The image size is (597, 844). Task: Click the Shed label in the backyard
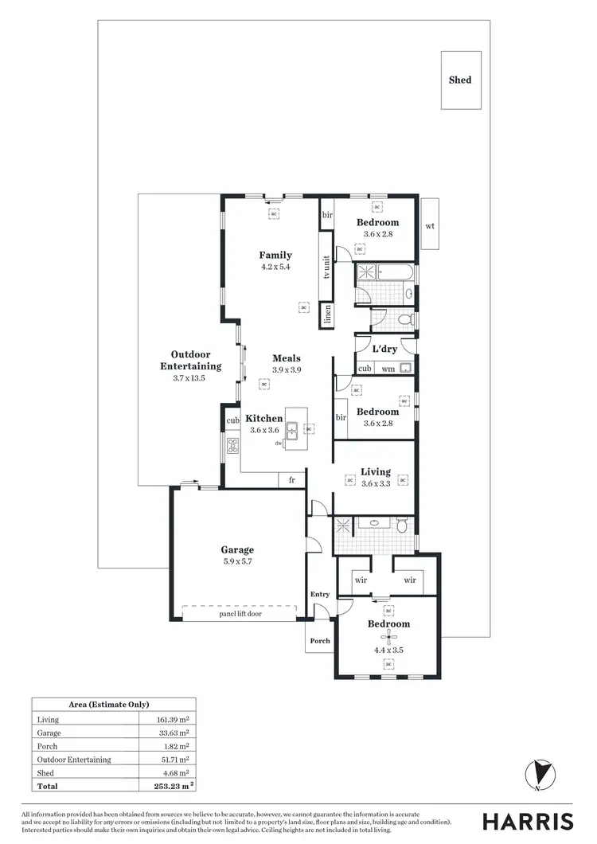460,80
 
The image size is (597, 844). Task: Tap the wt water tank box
430,226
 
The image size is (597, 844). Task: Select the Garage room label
237,549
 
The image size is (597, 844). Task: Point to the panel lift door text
240,614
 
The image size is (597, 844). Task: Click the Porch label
320,640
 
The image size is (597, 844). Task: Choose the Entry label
319,594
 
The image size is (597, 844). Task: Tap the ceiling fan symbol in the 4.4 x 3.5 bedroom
388,637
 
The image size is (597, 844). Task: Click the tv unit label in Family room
326,268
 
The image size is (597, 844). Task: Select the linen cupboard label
326,316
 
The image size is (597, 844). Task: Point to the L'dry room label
385,349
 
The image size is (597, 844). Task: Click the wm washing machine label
388,369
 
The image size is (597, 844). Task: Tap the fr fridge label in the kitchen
292,480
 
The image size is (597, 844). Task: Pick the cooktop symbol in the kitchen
233,446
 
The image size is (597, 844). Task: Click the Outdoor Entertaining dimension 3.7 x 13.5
189,378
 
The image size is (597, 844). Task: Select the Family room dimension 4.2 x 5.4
275,267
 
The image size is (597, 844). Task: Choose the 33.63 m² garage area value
173,733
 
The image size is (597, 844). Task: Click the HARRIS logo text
528,822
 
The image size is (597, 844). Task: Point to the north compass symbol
540,775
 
